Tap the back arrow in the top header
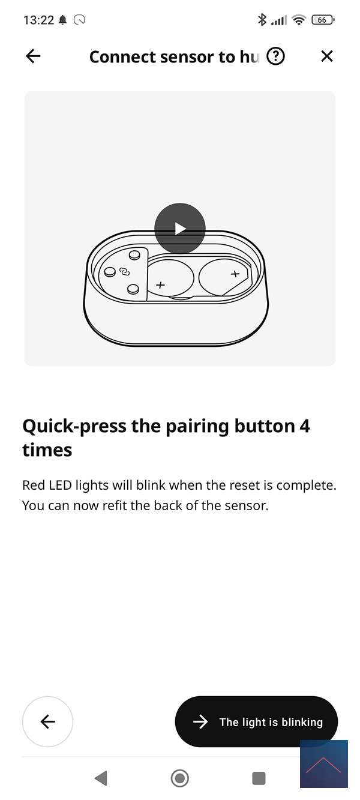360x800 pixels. coord(33,56)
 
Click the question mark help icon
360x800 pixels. coord(276,56)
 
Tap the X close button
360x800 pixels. coord(327,56)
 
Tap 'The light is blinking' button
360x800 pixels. coord(256,722)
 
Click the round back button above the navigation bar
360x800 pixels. coord(47,722)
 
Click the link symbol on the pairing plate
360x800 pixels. coord(124,272)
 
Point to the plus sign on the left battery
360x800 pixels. coord(161,284)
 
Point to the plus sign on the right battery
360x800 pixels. coord(235,274)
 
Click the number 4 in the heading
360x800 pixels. coord(305,426)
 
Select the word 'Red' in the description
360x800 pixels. coord(34,486)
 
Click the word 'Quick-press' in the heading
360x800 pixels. coord(74,427)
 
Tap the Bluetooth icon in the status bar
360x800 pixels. coord(262,19)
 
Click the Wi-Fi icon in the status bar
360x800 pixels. coord(299,20)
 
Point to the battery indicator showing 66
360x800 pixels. coord(323,20)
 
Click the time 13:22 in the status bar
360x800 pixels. coord(38,20)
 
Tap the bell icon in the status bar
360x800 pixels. coord(63,20)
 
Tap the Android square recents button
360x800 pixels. coord(259,778)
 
